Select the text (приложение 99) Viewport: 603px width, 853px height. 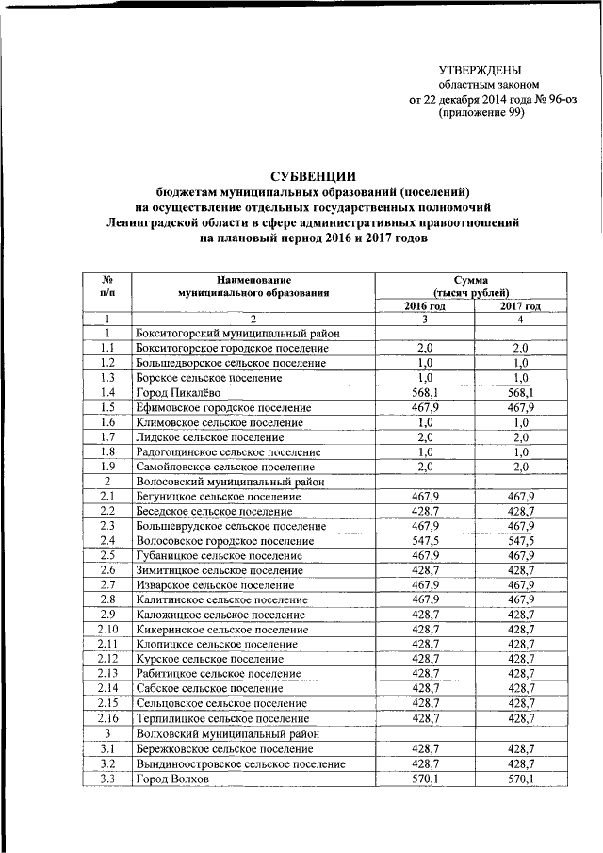click(x=481, y=112)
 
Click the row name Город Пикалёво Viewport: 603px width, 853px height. click(x=179, y=392)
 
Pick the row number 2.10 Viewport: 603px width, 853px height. click(x=108, y=629)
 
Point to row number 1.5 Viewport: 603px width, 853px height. click(x=108, y=407)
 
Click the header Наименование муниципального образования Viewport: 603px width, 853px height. click(x=253, y=286)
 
